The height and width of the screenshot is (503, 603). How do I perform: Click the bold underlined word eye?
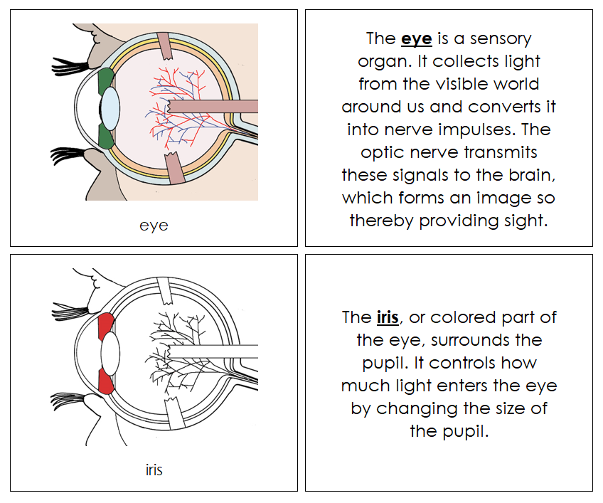tap(417, 39)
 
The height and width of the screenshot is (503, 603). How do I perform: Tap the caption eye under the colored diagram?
tap(154, 226)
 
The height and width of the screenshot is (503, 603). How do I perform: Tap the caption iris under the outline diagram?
tap(154, 470)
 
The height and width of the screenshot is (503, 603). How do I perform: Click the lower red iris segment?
tap(106, 380)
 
